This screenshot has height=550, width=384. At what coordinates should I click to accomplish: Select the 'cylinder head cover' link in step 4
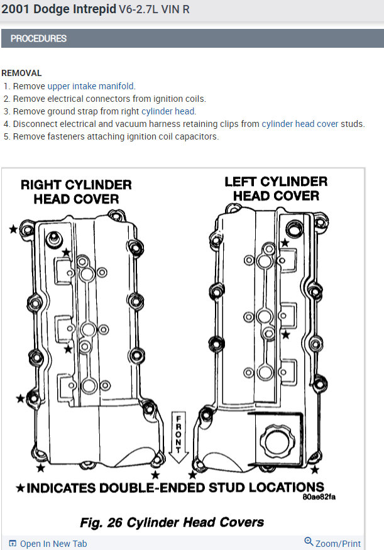tap(300, 124)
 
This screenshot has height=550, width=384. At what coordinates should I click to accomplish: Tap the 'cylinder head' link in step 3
tap(168, 111)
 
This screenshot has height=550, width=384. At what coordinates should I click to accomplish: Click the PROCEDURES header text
tap(38, 38)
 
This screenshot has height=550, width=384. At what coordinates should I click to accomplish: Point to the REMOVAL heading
tap(21, 73)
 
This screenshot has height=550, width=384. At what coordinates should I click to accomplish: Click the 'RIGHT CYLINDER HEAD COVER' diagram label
tap(76, 192)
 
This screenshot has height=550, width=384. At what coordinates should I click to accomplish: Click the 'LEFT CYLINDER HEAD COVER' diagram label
tap(276, 189)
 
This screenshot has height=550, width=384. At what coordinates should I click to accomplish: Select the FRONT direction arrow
tap(178, 438)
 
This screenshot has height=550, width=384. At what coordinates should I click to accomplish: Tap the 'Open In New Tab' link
tap(53, 544)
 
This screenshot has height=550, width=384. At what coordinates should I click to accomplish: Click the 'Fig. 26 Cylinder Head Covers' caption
tap(172, 522)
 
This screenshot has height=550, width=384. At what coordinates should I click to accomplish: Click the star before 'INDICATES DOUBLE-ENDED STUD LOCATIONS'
tap(20, 488)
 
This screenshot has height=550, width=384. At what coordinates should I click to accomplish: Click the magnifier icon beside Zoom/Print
tap(309, 542)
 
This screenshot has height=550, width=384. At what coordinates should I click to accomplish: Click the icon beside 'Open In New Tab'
tap(13, 544)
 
